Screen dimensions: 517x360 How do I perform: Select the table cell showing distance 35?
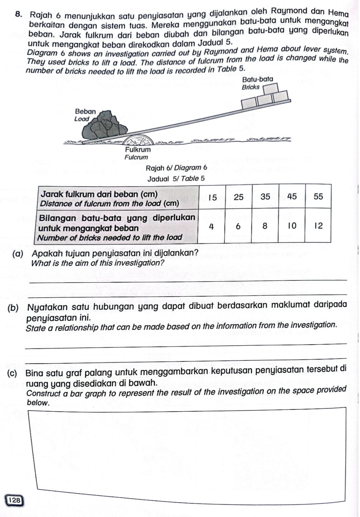click(x=265, y=197)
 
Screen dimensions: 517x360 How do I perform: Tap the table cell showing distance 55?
click(x=318, y=196)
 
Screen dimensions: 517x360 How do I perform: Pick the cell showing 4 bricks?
click(x=212, y=226)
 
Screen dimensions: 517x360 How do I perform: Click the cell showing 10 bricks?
click(x=292, y=226)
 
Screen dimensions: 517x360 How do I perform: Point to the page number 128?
click(x=15, y=500)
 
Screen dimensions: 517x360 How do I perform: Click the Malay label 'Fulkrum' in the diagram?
click(x=138, y=149)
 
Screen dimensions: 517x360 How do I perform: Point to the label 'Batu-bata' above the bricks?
click(x=258, y=79)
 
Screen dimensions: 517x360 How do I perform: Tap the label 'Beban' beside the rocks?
click(x=85, y=111)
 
